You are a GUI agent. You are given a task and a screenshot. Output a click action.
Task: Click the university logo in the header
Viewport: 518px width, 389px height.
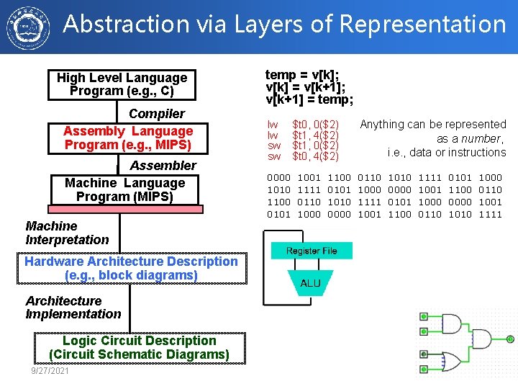click(x=27, y=27)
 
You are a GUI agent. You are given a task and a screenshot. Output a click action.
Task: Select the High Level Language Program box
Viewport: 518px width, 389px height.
click(x=122, y=84)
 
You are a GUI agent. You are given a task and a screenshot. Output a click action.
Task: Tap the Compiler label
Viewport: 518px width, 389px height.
click(x=157, y=114)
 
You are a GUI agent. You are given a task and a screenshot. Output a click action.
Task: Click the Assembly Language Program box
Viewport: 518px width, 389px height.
click(x=128, y=138)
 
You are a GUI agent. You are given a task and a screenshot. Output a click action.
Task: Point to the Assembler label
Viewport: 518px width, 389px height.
click(x=163, y=166)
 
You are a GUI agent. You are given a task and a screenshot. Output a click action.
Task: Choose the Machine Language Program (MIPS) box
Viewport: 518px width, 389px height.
click(x=125, y=190)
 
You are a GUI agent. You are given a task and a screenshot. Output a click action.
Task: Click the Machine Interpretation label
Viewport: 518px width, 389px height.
click(x=67, y=233)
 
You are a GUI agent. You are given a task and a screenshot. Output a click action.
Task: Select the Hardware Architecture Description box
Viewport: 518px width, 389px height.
click(x=131, y=268)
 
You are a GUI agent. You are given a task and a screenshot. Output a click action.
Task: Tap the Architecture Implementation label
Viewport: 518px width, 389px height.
click(x=73, y=308)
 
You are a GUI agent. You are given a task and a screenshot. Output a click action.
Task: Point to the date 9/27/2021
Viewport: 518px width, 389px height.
click(x=50, y=370)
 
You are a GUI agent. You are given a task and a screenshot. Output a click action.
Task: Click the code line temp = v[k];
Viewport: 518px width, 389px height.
click(x=303, y=75)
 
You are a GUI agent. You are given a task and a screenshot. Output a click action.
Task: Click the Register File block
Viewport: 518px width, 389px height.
click(x=312, y=251)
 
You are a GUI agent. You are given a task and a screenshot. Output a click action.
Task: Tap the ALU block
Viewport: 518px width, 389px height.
click(x=311, y=283)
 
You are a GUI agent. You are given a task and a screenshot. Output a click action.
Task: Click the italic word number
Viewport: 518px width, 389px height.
click(x=482, y=138)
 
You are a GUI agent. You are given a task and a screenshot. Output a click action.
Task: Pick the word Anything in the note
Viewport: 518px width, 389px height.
click(x=382, y=125)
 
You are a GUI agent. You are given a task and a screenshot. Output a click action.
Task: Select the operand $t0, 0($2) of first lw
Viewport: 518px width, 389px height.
click(x=315, y=125)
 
